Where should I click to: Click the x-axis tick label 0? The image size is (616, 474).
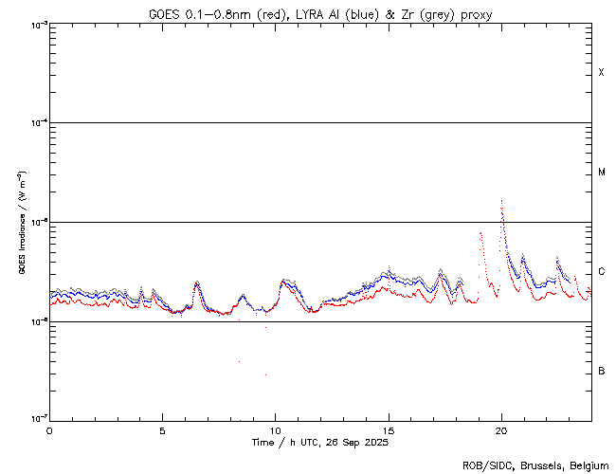(x=49, y=430)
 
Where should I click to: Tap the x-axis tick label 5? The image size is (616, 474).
(x=162, y=430)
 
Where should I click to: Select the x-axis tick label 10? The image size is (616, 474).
(x=275, y=430)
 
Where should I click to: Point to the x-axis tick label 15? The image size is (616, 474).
(x=389, y=430)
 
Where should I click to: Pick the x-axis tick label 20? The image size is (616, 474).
(x=501, y=430)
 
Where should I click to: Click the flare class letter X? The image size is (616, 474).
(x=601, y=73)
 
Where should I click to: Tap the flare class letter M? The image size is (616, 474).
(x=601, y=173)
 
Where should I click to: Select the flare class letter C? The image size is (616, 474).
(x=601, y=272)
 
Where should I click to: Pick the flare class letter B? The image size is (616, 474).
(x=601, y=371)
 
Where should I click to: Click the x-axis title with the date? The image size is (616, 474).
(x=320, y=443)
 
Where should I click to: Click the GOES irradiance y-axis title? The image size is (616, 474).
(x=20, y=222)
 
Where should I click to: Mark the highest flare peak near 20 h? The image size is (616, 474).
(x=501, y=202)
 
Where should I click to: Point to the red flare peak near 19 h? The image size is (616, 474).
(x=480, y=233)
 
